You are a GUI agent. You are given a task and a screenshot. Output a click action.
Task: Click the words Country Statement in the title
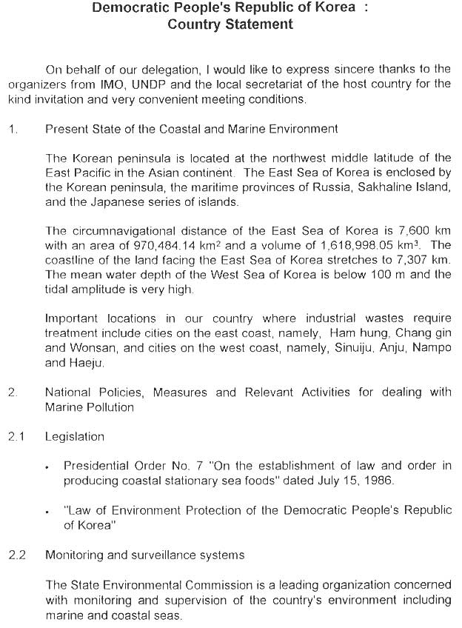(x=230, y=24)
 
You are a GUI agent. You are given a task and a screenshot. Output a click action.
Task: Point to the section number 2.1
(x=16, y=437)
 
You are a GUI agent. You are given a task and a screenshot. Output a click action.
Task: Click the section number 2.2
(x=16, y=555)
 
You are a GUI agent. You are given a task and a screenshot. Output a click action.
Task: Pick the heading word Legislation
(x=75, y=437)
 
